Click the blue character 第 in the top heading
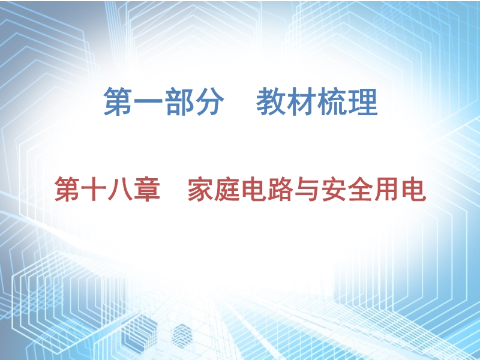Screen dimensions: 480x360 pyautogui.click(x=118, y=101)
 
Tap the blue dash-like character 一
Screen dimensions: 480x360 pyautogui.click(x=148, y=101)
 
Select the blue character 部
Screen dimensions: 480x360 pyautogui.click(x=179, y=101)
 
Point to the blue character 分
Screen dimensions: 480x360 pyautogui.click(x=209, y=101)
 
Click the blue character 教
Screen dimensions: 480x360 pyautogui.click(x=271, y=101)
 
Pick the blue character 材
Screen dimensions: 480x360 pyautogui.click(x=302, y=101)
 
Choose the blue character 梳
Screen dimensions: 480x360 pyautogui.click(x=332, y=101)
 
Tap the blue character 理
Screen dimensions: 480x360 pyautogui.click(x=363, y=101)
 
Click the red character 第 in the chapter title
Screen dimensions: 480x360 pyautogui.click(x=67, y=189)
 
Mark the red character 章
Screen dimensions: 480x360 pyautogui.click(x=147, y=189)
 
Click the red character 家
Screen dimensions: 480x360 pyautogui.click(x=200, y=189)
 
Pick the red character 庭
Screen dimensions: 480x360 pyautogui.click(x=227, y=189)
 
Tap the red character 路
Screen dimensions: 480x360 pyautogui.click(x=280, y=189)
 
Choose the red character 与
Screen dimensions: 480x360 pyautogui.click(x=307, y=189)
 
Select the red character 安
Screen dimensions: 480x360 pyautogui.click(x=334, y=189)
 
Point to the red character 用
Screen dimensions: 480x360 pyautogui.click(x=387, y=189)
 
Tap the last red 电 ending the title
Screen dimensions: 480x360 pyautogui.click(x=414, y=189)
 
